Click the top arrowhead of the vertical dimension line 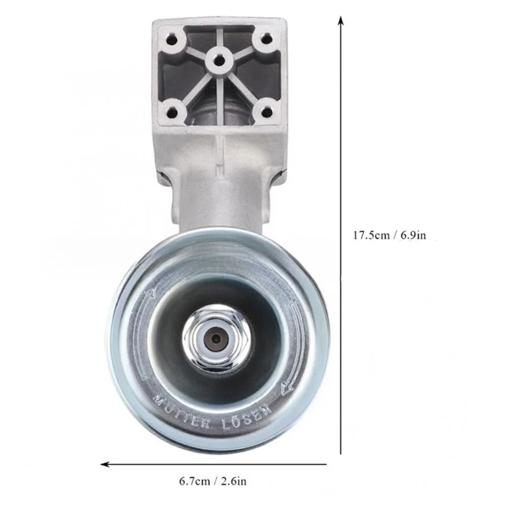(341, 20)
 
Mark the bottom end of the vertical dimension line (341, 454)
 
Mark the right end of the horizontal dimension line (326, 464)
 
